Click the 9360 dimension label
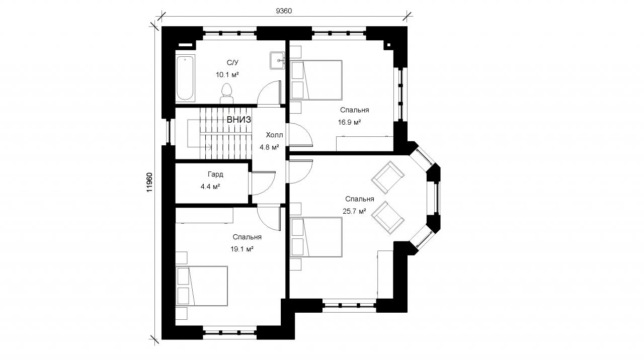pos(284,11)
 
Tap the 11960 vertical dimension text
pos(149,183)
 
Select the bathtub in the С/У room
pos(185,78)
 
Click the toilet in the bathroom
pos(226,93)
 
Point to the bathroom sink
pos(277,60)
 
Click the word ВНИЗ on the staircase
pos(239,120)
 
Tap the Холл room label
pos(274,135)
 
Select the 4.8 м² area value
pos(269,147)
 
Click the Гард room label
pos(215,174)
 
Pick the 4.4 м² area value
pos(210,187)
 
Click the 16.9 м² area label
pos(349,122)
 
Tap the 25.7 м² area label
pos(354,212)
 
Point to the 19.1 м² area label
pos(242,249)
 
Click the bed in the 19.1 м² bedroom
pos(202,286)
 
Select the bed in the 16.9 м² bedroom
pos(316,80)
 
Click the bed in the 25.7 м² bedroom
pos(316,237)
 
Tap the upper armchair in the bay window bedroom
pos(387,177)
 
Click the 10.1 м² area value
pos(227,75)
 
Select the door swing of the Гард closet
pos(263,184)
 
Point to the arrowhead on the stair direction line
pos(210,147)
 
